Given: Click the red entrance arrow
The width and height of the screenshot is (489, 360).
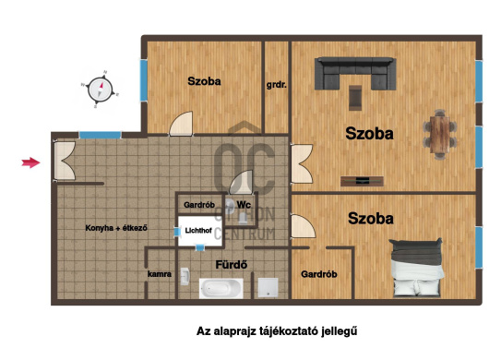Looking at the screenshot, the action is click(30, 162).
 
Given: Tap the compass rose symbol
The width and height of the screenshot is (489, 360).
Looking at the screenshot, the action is click(100, 90).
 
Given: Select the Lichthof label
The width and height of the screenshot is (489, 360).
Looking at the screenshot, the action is click(198, 231).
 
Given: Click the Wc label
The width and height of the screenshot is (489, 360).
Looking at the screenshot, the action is click(244, 205).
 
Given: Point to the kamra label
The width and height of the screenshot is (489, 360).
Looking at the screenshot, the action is click(160, 274).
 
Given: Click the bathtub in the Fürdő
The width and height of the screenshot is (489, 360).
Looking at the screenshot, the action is click(221, 288).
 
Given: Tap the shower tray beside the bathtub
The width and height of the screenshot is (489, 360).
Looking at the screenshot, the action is click(268, 287).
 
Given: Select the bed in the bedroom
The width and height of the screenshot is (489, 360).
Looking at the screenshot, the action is click(417, 268).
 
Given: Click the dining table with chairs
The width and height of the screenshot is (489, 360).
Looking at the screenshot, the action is click(440, 134).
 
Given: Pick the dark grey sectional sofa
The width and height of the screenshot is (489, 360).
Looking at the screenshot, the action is click(355, 73).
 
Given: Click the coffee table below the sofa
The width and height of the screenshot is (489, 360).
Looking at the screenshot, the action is click(355, 98).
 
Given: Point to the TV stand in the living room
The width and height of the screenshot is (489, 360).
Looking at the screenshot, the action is click(362, 181).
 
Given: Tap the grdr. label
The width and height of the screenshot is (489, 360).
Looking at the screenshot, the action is click(276, 85).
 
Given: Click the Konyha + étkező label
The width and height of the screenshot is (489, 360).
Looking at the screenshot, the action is click(116, 228).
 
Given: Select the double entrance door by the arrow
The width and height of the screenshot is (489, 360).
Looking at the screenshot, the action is click(65, 161).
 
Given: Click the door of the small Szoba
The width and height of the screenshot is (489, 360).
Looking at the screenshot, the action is click(181, 124).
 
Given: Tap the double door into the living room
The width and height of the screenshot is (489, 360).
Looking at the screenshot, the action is click(302, 163).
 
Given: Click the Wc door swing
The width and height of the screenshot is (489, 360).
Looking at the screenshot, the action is click(241, 182).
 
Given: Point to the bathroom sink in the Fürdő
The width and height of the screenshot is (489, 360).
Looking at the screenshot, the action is click(185, 276).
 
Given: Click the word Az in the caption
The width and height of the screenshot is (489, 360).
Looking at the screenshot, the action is click(203, 331).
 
